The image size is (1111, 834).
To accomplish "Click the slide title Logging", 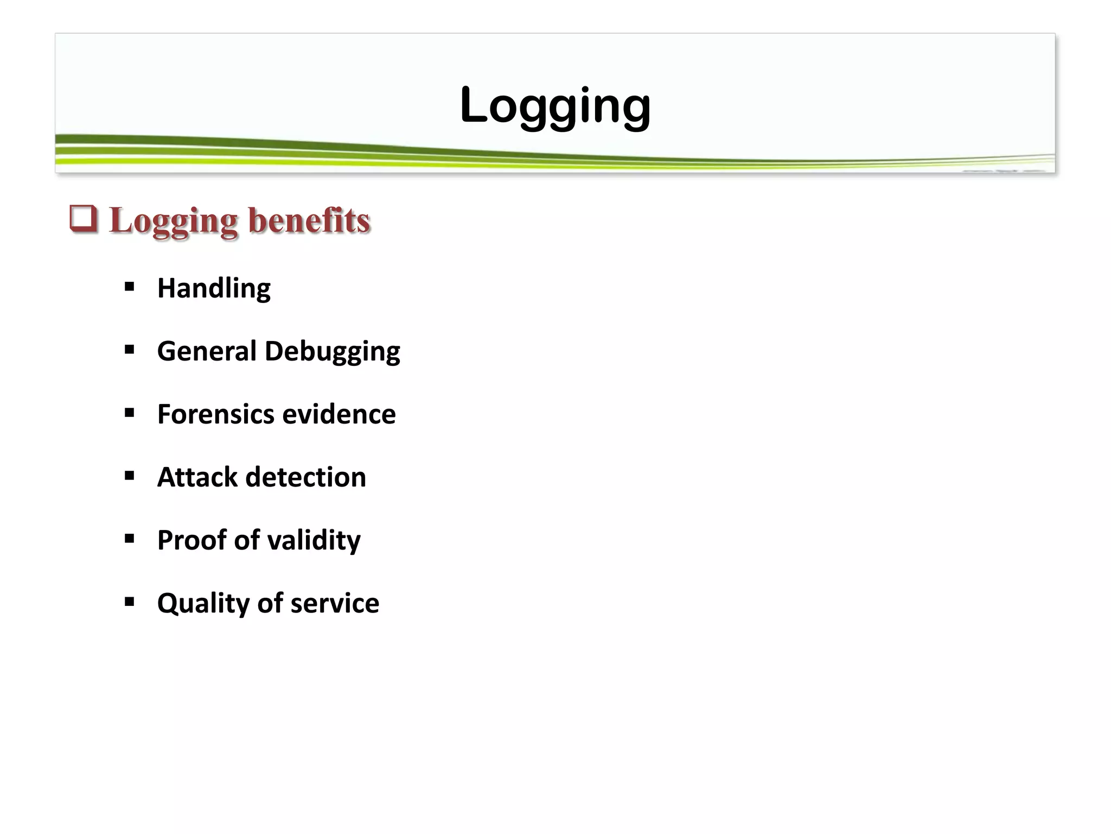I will click(x=554, y=106).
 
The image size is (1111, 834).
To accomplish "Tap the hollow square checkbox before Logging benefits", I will click(x=84, y=219).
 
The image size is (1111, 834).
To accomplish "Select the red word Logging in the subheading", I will click(x=173, y=222).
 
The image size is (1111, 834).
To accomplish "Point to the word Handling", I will click(x=214, y=288).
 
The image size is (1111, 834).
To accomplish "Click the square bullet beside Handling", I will click(x=129, y=287).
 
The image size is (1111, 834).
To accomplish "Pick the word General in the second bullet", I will click(x=206, y=351).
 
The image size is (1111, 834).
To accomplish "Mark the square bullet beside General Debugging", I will click(x=129, y=350).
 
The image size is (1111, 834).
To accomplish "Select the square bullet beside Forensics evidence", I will click(x=129, y=413).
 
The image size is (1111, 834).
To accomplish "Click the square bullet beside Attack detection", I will click(x=129, y=476).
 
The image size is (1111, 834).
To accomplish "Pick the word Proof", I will click(x=191, y=540).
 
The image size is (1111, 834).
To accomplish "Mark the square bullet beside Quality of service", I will click(x=129, y=602).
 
